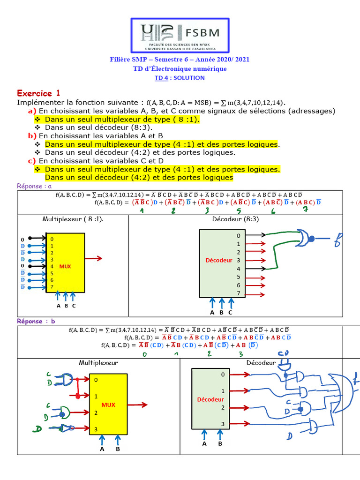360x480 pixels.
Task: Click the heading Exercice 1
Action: click(38, 93)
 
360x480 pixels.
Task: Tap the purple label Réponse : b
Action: click(36, 321)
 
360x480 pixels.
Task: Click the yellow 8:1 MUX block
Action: click(65, 262)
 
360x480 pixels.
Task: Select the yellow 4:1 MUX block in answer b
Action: click(108, 404)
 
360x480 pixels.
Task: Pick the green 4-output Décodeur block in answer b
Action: click(210, 399)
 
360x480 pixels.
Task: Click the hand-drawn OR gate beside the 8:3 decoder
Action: click(303, 238)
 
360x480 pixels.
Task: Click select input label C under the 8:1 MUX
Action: click(74, 306)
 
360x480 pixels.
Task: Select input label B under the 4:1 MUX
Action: click(118, 449)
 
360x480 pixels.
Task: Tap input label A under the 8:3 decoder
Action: click(212, 312)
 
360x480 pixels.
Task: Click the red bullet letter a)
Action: click(32, 111)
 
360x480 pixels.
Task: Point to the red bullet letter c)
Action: click(32, 160)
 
